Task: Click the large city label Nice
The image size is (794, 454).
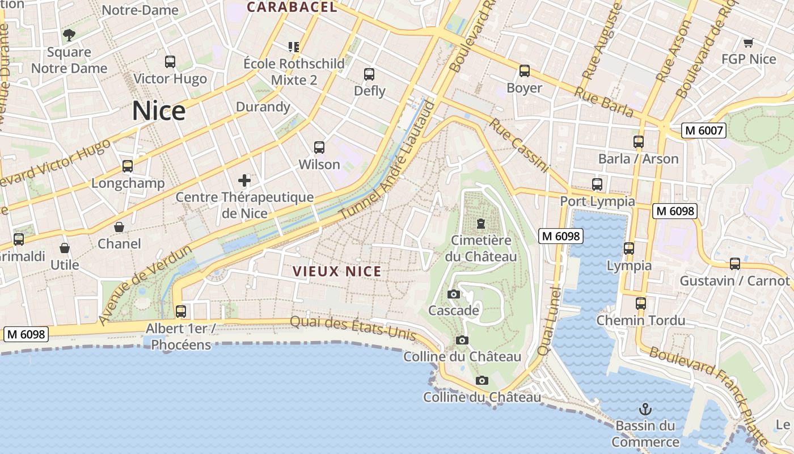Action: pos(159,111)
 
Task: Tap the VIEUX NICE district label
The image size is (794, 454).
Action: pos(337,271)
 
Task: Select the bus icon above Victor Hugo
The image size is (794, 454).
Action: pos(170,62)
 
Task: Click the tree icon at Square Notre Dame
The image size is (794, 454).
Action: pos(69,35)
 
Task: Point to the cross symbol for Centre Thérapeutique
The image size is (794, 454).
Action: pos(244,181)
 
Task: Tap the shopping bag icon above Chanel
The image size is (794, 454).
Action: pos(119,227)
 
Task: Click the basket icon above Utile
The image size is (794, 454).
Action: pos(65,249)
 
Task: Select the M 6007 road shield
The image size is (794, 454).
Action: pos(704,131)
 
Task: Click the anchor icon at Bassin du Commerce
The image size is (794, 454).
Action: pos(645,409)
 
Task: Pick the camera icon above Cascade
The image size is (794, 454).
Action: pos(453,294)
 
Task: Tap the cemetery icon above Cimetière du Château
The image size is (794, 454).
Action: pos(481,224)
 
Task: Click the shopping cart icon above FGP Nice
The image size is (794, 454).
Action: pos(748,43)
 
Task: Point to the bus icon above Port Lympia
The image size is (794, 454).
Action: pos(597,184)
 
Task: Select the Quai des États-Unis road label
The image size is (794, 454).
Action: pos(353,329)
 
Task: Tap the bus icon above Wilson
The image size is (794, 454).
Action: pos(319,148)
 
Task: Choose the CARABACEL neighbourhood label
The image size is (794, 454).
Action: pos(292,7)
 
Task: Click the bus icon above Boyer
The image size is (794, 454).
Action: pos(525,71)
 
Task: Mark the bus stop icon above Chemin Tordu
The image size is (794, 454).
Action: pos(641,304)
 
